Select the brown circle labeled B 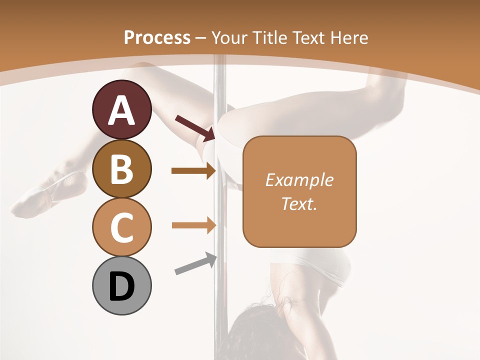coord(121,169)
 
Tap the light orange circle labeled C coord(121,227)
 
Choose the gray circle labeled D coord(121,286)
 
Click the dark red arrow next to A coord(195,128)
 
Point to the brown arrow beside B coord(193,171)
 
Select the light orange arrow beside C coord(193,225)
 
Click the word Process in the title coord(157,37)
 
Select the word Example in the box coord(299,180)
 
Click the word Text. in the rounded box coord(299,203)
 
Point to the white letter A coord(121,110)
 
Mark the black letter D coord(121,286)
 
